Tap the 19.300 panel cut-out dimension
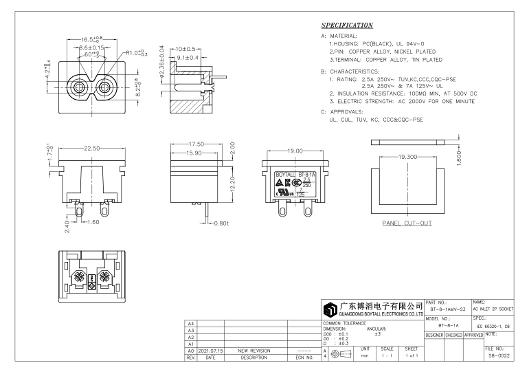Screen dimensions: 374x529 tap(398, 157)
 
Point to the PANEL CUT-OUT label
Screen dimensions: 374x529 tap(407, 223)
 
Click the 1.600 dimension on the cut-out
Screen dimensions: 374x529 tap(458, 156)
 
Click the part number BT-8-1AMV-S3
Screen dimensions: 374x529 tap(447, 311)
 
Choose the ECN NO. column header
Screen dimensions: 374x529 tap(304, 357)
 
